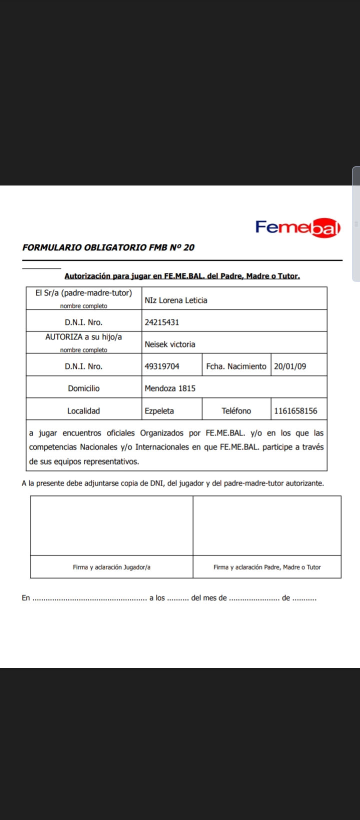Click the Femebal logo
[298, 227]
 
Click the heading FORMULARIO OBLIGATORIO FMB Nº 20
[108, 247]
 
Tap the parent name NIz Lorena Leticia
[175, 300]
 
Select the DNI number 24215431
[161, 322]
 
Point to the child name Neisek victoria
[169, 344]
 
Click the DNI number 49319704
[161, 366]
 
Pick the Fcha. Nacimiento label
[236, 366]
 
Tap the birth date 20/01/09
[290, 366]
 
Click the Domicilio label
[83, 388]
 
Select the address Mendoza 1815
[169, 388]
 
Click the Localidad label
[83, 411]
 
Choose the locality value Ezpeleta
[159, 411]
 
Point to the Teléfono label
[236, 411]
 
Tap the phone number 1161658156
[295, 411]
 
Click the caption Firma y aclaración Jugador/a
[111, 567]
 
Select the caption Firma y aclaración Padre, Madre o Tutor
[267, 567]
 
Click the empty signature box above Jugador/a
[111, 525]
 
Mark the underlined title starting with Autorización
[182, 276]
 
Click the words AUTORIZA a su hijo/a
[83, 337]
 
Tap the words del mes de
[209, 598]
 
